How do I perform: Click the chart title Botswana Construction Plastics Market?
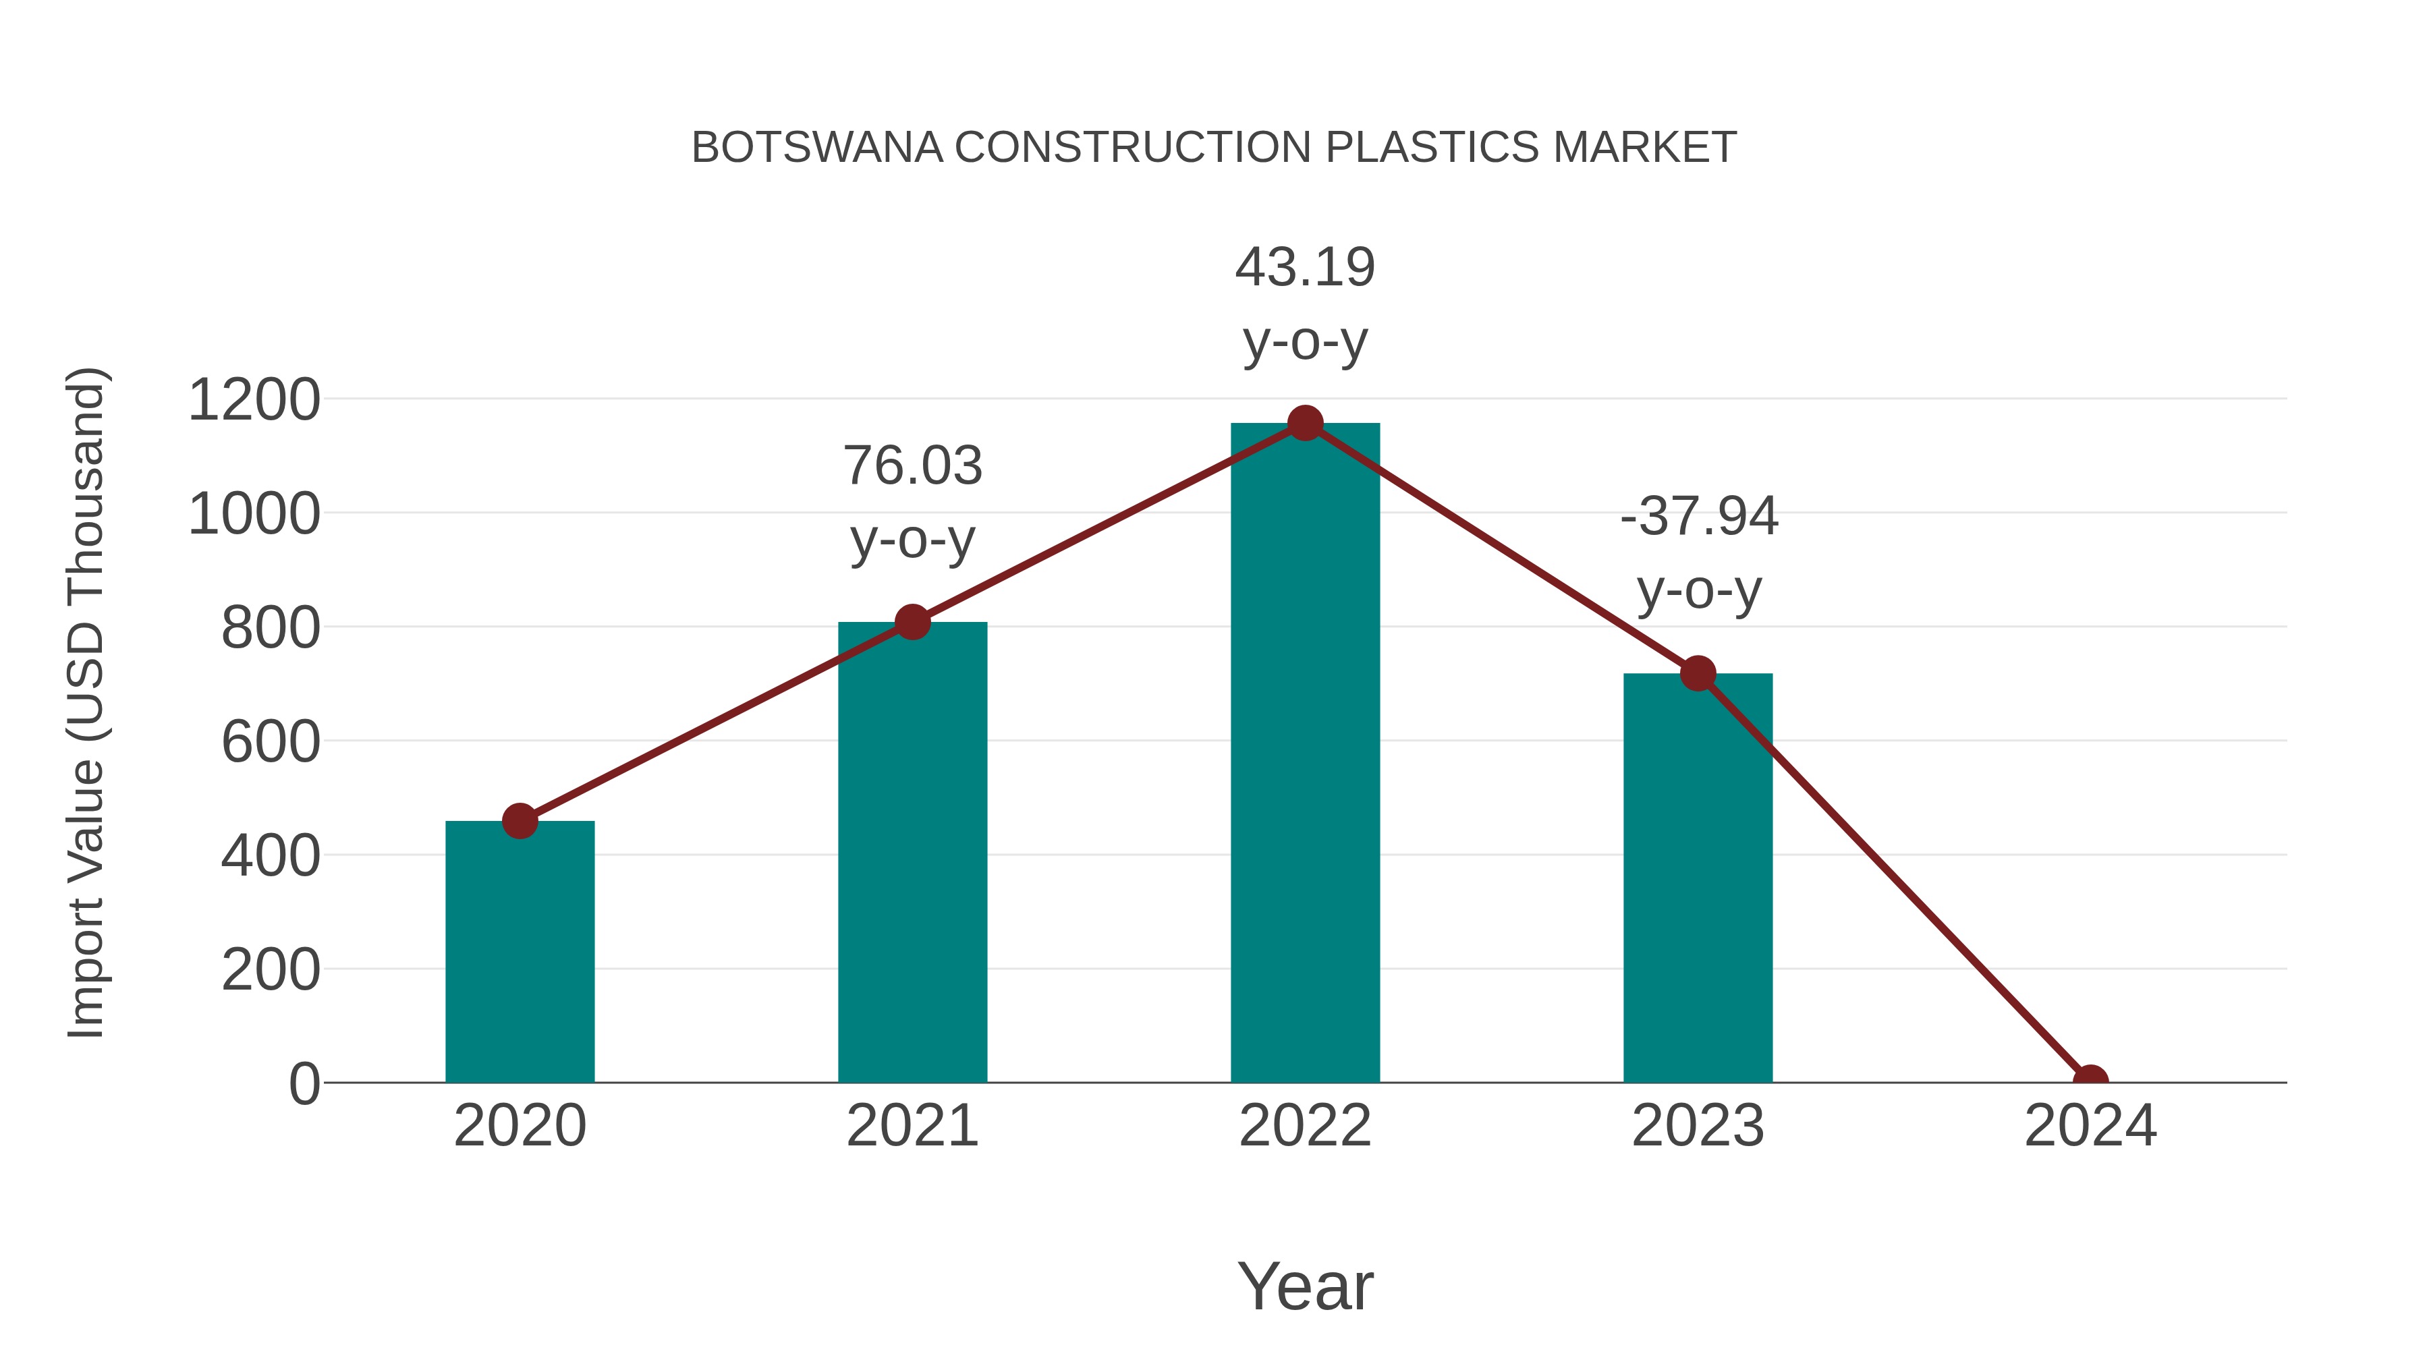coord(1214,148)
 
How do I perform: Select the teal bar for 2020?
coord(520,952)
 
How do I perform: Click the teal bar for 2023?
coord(1698,878)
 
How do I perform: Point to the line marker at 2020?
coord(520,821)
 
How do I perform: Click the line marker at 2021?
coord(912,622)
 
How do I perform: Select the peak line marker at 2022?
coord(1305,423)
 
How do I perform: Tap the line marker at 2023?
coord(1698,674)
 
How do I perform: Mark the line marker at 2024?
coord(2090,1081)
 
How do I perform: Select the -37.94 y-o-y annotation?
coord(1698,552)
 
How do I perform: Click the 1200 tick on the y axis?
coord(254,400)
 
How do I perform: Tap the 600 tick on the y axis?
coord(271,742)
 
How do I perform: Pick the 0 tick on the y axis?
coord(304,1084)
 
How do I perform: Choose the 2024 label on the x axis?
coord(2090,1127)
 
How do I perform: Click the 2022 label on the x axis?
coord(1305,1127)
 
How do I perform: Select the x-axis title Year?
coord(1305,1286)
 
